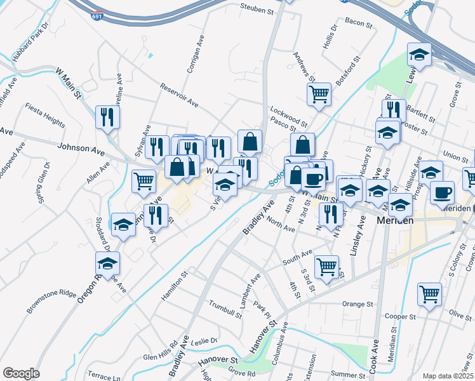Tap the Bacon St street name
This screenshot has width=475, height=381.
[x=358, y=23]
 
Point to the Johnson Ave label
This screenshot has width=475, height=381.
[x=81, y=151]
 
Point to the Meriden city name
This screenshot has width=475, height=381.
[x=396, y=220]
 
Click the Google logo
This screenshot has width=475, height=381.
[x=21, y=373]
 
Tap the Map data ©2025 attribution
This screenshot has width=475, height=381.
[x=447, y=376]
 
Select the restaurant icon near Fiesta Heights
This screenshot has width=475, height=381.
[x=107, y=116]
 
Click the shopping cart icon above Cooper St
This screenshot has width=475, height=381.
[x=429, y=294]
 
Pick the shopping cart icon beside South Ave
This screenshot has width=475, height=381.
[x=326, y=267]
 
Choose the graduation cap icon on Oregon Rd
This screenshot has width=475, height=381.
[x=107, y=263]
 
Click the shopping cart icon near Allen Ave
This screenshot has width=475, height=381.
[x=144, y=181]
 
